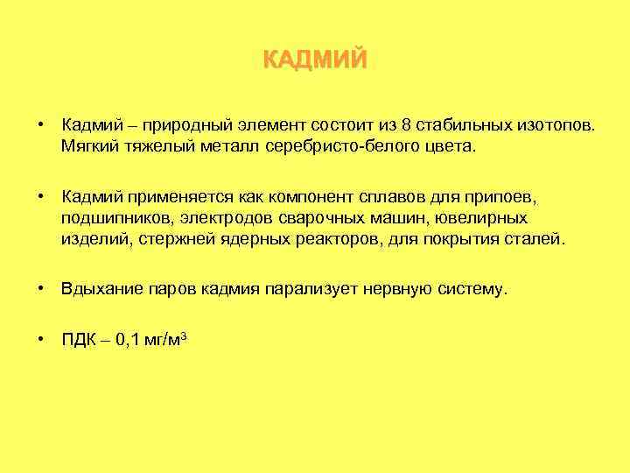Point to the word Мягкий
point(87,146)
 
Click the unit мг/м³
point(165,339)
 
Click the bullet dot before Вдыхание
point(42,288)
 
